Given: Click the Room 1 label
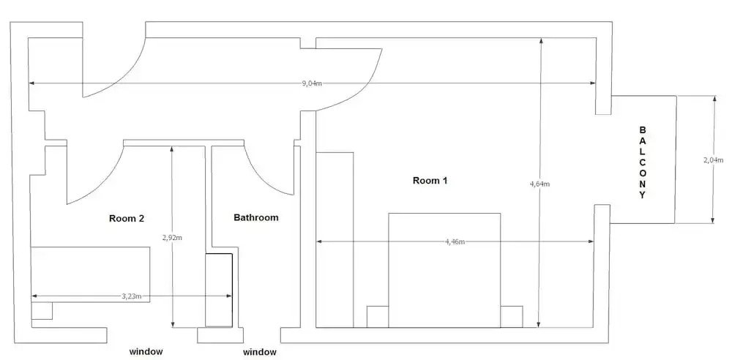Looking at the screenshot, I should pyautogui.click(x=430, y=181).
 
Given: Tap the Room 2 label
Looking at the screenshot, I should pyautogui.click(x=127, y=218).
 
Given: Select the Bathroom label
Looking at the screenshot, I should pyautogui.click(x=256, y=217).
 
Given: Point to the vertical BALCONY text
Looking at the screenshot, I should pyautogui.click(x=643, y=162).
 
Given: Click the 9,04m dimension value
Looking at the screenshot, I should pyautogui.click(x=312, y=83).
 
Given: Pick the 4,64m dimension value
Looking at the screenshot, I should pyautogui.click(x=540, y=184).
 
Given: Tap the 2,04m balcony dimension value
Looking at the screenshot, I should pyautogui.click(x=713, y=160).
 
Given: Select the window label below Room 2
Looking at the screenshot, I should pyautogui.click(x=146, y=352).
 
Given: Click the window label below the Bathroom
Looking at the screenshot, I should pyautogui.click(x=260, y=353).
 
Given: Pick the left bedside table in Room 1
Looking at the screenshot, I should pyautogui.click(x=377, y=317).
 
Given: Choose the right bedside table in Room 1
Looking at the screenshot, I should pyautogui.click(x=512, y=317).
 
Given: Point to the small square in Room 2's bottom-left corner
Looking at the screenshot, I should pyautogui.click(x=42, y=311).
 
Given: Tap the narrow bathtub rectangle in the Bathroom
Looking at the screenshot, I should pyautogui.click(x=218, y=290).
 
